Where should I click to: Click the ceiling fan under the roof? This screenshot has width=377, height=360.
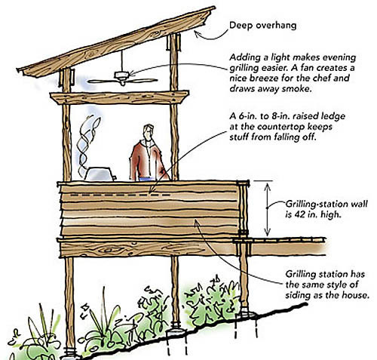pos(122,78)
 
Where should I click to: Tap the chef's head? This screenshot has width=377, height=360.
pos(149,132)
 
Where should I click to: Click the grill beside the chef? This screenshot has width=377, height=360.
pos(100,174)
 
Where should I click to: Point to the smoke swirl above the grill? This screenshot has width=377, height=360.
pos(88,143)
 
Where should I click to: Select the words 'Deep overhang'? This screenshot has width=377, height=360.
pos(263,26)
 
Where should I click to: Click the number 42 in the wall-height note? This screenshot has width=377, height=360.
pos(300,214)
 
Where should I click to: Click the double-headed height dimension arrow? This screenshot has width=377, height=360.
pos(268,209)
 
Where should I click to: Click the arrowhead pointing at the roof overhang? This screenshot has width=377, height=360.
pos(197,33)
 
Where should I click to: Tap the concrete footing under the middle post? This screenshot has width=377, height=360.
pos(176,332)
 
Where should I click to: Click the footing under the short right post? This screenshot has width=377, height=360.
pos(246,314)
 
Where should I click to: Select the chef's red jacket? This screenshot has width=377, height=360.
pos(149,160)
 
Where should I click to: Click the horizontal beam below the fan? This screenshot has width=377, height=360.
pos(119,98)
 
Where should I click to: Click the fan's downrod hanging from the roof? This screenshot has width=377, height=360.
pos(122,61)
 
